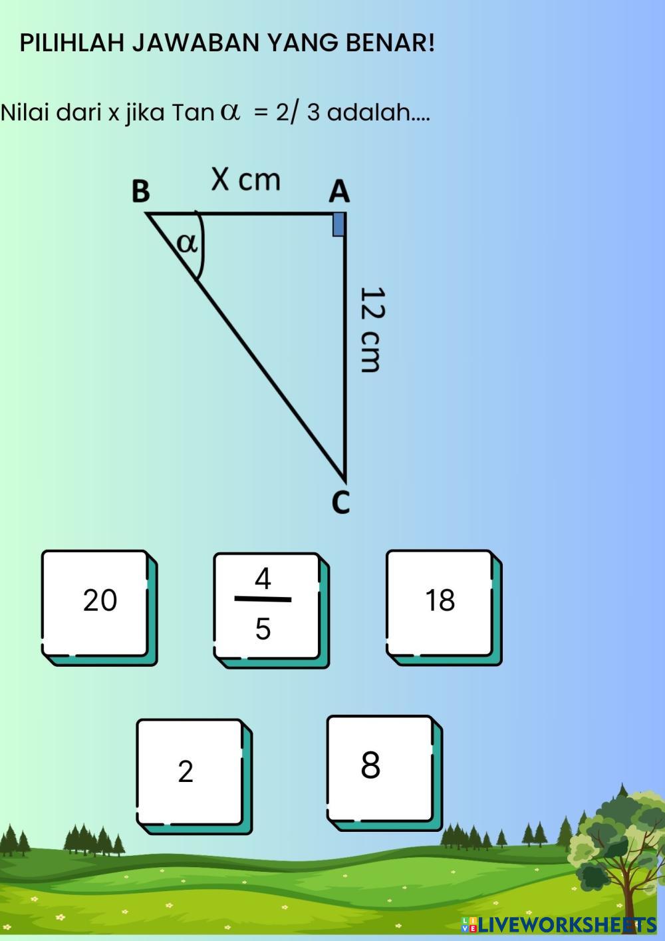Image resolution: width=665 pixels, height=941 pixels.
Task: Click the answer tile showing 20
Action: click(x=98, y=602)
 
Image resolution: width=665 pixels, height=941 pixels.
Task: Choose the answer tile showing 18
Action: click(x=440, y=601)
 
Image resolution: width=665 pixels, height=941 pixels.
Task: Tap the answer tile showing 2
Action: click(x=189, y=771)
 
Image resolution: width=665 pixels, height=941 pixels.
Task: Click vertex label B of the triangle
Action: click(x=140, y=191)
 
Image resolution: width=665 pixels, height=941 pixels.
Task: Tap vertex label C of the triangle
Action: click(x=340, y=502)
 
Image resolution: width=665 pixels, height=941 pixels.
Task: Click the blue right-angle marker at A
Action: click(x=338, y=224)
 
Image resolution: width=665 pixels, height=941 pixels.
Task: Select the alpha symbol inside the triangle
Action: click(x=187, y=244)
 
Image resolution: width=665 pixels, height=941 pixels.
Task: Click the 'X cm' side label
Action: click(x=246, y=180)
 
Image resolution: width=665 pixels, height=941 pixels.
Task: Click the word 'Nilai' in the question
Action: click(x=25, y=112)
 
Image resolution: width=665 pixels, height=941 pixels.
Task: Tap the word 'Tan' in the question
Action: click(x=192, y=112)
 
